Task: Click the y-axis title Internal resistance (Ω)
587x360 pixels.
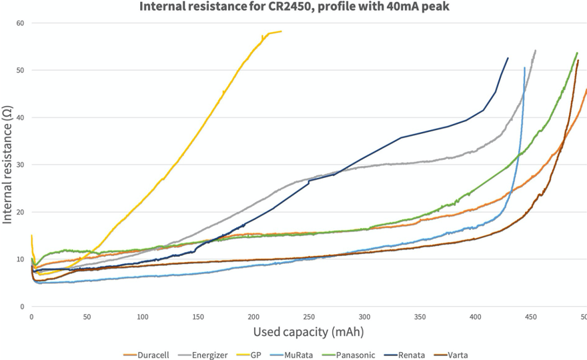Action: coord(7,164)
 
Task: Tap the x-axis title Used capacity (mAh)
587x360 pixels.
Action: coord(308,331)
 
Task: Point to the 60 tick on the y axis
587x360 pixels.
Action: coord(20,23)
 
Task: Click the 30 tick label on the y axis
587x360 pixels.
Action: coord(20,165)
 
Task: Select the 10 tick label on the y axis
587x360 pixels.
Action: coord(20,259)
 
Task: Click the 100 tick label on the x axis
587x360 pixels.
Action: coord(142,317)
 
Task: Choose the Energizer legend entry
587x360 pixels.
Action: coord(207,355)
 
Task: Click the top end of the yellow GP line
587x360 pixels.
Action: coord(281,31)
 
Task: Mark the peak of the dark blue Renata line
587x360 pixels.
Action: coord(508,58)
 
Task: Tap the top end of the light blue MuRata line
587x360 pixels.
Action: coord(524,68)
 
